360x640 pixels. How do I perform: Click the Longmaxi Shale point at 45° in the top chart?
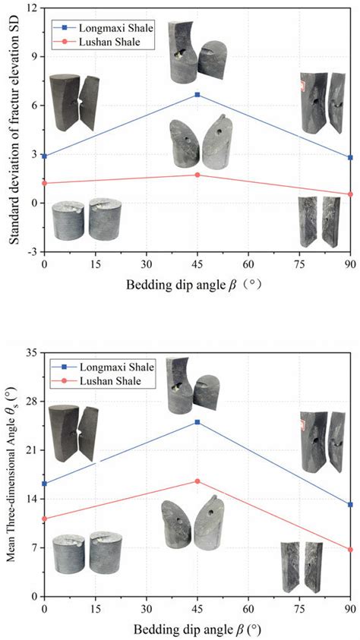(197, 95)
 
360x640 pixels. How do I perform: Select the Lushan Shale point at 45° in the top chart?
(197, 175)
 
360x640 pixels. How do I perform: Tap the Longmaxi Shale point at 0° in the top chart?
(44, 156)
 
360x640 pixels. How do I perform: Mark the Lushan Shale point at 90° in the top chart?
(350, 194)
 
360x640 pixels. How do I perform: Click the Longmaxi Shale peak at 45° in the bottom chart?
(197, 422)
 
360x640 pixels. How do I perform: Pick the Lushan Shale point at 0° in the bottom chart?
(44, 519)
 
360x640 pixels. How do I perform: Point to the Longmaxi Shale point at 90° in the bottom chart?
(350, 505)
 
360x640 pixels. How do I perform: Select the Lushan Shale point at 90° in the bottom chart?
(350, 550)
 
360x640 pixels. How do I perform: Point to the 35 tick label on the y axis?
(32, 353)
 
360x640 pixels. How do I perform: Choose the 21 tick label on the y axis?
(32, 450)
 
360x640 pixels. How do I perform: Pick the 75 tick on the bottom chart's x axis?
(299, 609)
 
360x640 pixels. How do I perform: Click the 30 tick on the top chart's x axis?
(147, 264)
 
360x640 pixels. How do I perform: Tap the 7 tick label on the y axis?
(33, 547)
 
